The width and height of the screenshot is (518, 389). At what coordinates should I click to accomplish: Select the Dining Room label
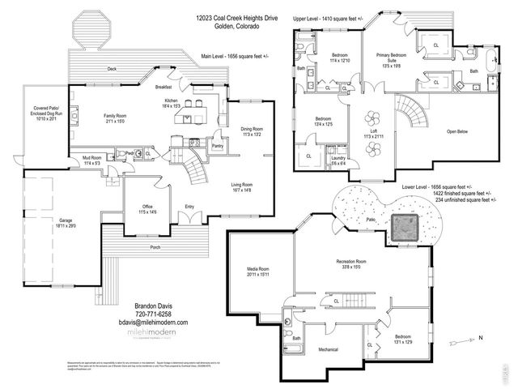(252, 129)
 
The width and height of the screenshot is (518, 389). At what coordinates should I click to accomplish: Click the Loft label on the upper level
(369, 131)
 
